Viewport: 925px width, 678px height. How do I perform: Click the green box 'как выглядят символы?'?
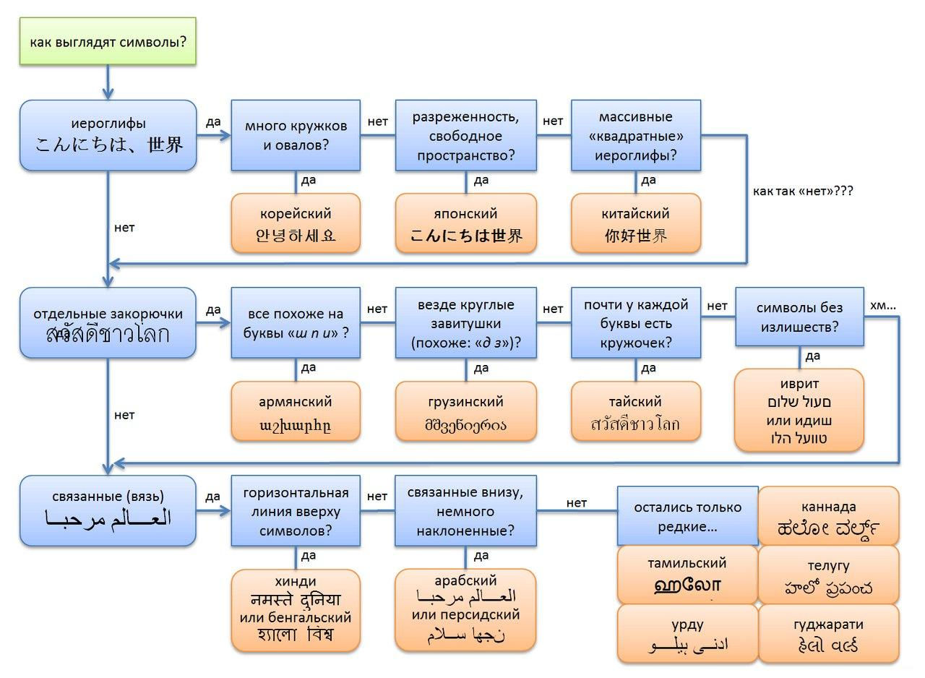coord(108,41)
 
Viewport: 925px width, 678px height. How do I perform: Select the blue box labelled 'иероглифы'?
coord(108,135)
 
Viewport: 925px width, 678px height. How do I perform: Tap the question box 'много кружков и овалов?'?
coord(296,135)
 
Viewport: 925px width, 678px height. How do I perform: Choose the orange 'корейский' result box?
coord(296,223)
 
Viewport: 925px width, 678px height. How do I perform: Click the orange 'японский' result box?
coord(466,223)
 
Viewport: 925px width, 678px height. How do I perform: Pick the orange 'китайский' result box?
coord(636,223)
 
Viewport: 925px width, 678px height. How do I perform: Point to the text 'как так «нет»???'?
coord(803,191)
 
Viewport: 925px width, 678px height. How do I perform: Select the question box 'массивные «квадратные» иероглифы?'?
coord(636,135)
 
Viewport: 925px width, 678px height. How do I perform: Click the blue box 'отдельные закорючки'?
coord(108,323)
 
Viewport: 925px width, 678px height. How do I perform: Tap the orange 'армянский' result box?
coord(296,411)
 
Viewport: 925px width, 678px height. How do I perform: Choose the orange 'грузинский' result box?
coord(466,411)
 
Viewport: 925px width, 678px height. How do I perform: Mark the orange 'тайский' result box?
coord(636,411)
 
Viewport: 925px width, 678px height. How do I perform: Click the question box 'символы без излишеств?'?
coord(799,317)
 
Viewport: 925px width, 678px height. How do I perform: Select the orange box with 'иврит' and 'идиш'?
coord(799,410)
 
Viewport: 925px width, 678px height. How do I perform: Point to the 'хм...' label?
coord(882,306)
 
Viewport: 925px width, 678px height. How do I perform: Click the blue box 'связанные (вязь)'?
coord(108,510)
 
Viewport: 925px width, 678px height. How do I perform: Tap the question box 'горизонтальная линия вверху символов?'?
coord(296,510)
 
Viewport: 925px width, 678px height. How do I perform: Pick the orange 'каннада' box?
coord(828,516)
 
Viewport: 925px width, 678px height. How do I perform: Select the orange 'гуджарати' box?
coord(828,634)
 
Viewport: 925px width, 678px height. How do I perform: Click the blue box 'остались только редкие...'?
coord(687,516)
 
